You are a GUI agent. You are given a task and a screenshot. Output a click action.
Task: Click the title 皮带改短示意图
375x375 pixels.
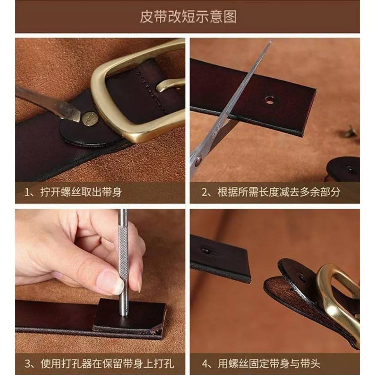[x=188, y=16]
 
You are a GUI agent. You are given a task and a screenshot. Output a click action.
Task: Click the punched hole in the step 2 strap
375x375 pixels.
[x=270, y=100]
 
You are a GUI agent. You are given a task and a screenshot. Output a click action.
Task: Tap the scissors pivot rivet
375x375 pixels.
[x=198, y=161]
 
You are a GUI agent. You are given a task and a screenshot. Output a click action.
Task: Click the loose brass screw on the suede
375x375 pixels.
[x=350, y=131]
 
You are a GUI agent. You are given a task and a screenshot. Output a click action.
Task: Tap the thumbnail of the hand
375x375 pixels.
[x=111, y=282]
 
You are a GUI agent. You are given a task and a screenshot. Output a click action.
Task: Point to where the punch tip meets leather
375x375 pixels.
[x=124, y=315]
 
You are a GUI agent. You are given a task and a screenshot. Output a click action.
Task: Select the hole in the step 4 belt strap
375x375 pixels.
[x=206, y=251]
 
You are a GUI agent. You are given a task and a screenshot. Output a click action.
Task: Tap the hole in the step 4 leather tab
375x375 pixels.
[x=302, y=279]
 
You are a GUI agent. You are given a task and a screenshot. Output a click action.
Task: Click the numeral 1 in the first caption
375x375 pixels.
[x=27, y=193]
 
